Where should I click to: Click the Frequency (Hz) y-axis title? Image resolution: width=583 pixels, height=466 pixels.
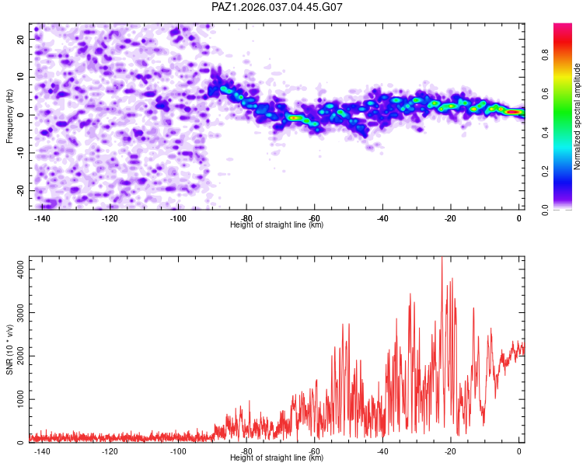[x=10, y=116]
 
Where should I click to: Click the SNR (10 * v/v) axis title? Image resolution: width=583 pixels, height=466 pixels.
[x=10, y=349]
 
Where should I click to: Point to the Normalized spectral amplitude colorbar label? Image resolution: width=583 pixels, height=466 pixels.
[x=578, y=116]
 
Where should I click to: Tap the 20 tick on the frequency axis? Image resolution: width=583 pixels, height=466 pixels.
[x=20, y=39]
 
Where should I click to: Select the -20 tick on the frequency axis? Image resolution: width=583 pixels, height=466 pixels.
[x=19, y=190]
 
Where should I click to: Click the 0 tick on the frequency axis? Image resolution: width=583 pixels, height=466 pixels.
[x=23, y=115]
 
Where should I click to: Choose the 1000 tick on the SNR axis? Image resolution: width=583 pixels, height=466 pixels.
[x=16, y=399]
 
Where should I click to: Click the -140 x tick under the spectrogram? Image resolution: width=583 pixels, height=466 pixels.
[x=42, y=218]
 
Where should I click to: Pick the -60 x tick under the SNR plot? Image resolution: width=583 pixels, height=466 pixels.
[x=315, y=451]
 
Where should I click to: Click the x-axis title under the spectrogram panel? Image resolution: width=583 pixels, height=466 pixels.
[x=277, y=224]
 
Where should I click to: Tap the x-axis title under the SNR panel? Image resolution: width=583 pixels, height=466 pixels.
[x=277, y=457]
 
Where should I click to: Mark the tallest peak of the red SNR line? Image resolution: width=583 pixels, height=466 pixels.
[x=442, y=259]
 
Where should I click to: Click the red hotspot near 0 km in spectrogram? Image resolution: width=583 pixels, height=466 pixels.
[x=513, y=112]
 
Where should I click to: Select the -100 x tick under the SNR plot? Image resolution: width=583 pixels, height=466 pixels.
[x=178, y=451]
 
